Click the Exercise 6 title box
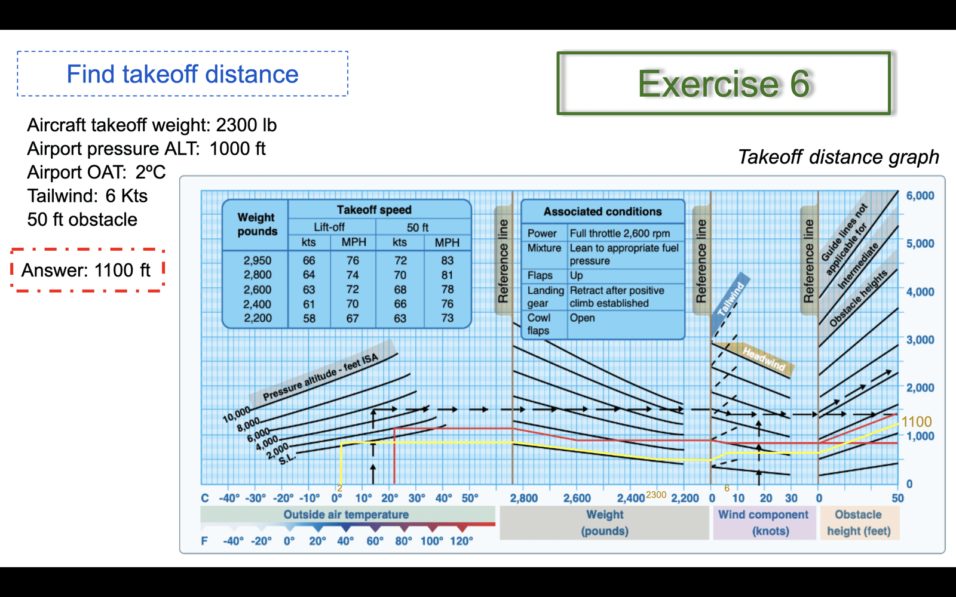tap(724, 84)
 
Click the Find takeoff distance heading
tap(183, 74)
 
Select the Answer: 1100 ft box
tap(87, 270)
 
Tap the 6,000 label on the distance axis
tap(920, 196)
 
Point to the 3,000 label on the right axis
tap(920, 340)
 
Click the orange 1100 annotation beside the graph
tap(917, 421)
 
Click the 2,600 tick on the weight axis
tap(577, 498)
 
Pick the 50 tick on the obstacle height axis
tap(897, 498)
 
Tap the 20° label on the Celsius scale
tap(390, 498)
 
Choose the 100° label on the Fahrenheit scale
tap(432, 541)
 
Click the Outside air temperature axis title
tap(346, 515)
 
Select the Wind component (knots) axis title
tap(764, 523)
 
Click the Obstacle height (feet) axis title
tap(859, 523)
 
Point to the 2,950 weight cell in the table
tap(258, 260)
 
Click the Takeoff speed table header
tap(374, 210)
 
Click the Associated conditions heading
tap(603, 211)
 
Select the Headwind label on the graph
tap(764, 359)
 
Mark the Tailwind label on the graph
tap(731, 299)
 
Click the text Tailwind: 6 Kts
tap(87, 196)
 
